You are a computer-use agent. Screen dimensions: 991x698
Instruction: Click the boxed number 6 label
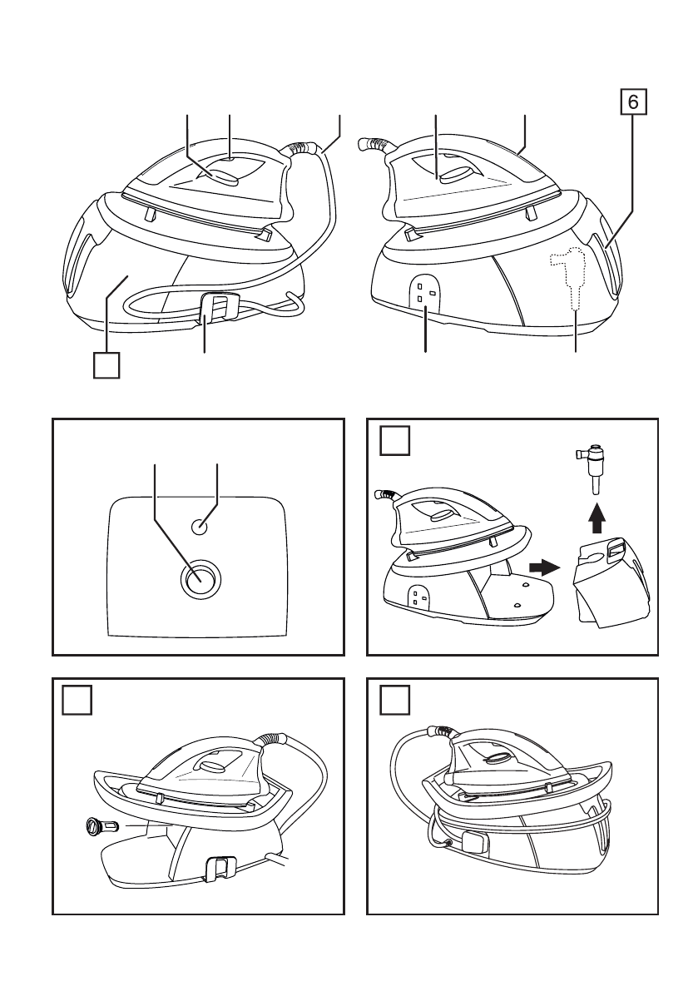(x=633, y=103)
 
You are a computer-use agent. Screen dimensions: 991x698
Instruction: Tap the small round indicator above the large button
(x=200, y=525)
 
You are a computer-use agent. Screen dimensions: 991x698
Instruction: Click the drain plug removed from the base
(x=97, y=826)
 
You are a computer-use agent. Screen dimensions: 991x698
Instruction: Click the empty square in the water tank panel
(x=395, y=440)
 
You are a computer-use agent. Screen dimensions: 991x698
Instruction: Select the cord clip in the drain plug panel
(x=218, y=868)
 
